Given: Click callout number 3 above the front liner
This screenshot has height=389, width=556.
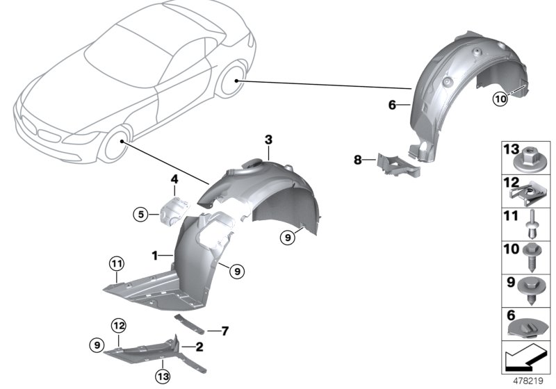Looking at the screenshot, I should click(268, 140).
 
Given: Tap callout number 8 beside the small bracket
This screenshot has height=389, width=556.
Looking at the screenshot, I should click(358, 160).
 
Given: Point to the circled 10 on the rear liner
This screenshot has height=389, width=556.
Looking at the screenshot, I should click(500, 99).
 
